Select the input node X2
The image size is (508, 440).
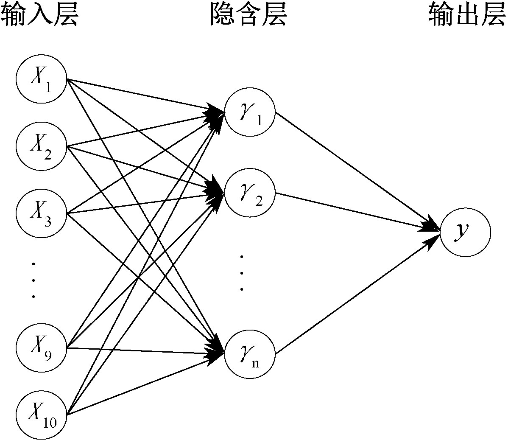(41, 146)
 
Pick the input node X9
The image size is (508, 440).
(41, 348)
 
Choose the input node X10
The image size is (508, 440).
(41, 413)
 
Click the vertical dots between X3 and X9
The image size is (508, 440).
(33, 280)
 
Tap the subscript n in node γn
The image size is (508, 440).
(255, 363)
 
